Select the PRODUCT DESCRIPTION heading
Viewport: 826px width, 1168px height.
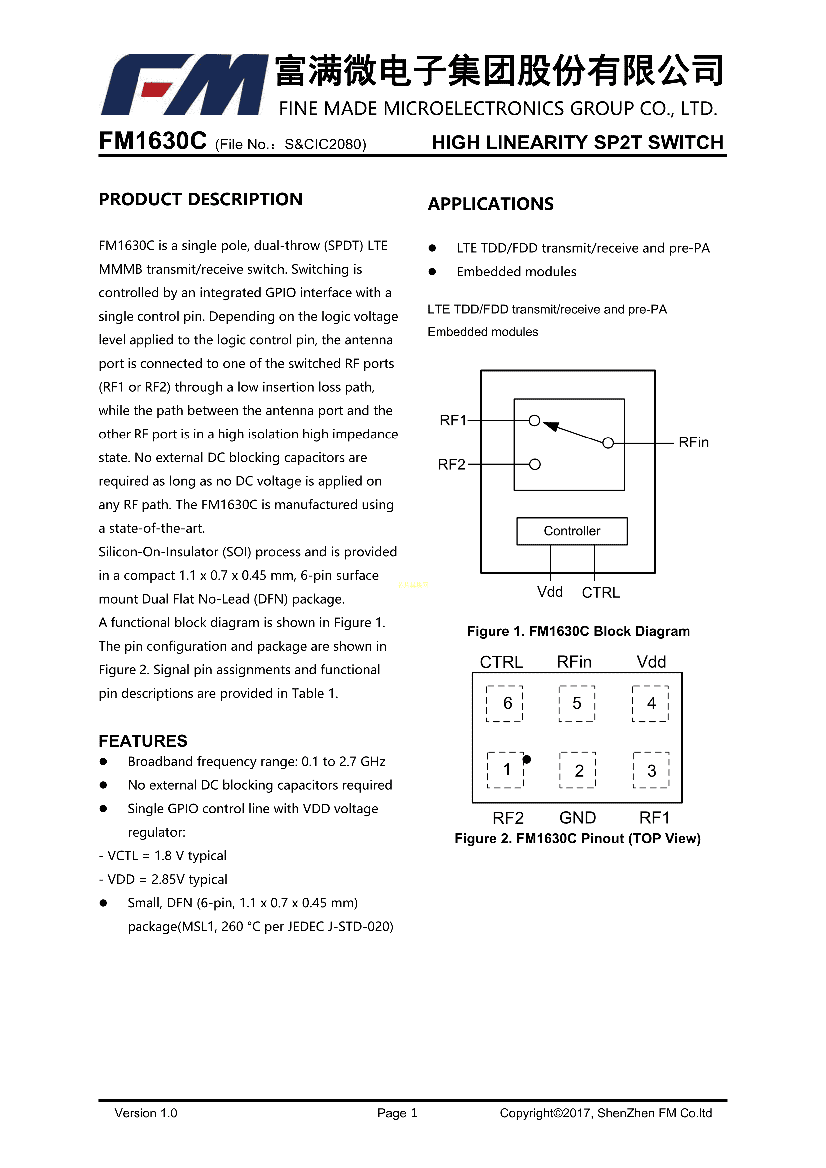pos(200,199)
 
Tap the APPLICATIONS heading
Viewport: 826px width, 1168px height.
pos(490,204)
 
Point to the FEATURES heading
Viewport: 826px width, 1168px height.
pos(143,741)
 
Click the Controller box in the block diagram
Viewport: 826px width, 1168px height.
pos(572,531)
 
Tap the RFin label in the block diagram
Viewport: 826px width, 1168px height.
pos(693,442)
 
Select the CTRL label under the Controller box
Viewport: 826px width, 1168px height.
pos(601,593)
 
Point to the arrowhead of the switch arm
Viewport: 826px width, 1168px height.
pos(551,425)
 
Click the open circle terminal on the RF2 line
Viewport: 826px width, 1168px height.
pos(535,464)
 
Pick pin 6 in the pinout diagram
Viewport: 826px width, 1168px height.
pos(507,703)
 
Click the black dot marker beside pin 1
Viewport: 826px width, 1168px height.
pos(527,759)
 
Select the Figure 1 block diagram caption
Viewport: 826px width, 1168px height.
pos(578,631)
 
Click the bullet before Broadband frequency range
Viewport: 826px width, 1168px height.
pos(103,761)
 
